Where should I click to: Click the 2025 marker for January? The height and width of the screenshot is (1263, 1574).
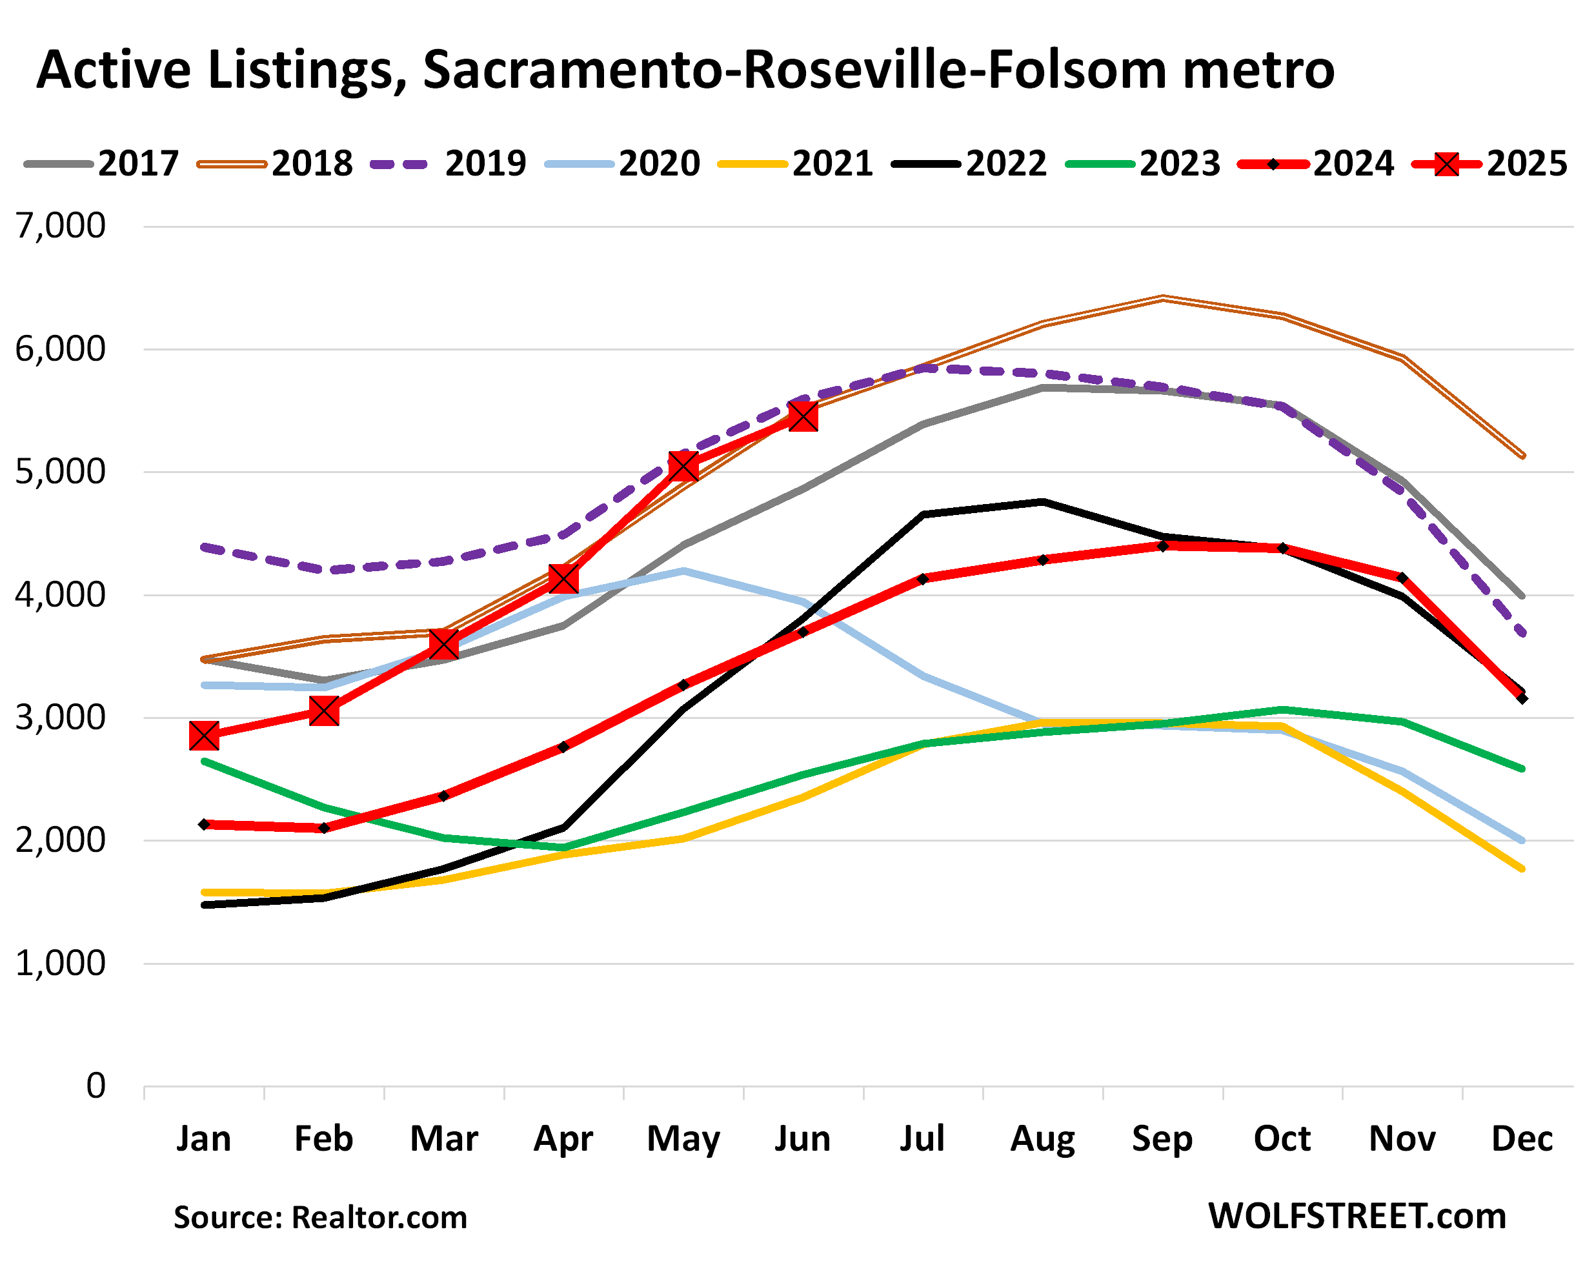(204, 735)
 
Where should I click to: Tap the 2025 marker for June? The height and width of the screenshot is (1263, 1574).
(803, 417)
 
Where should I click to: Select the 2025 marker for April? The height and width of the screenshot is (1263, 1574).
(563, 579)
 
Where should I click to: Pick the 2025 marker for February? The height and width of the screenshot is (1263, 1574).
(323, 711)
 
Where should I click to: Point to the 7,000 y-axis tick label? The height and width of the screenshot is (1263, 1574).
(61, 226)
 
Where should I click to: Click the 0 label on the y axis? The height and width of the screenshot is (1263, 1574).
(96, 1086)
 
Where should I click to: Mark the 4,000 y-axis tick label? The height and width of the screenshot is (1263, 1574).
(61, 594)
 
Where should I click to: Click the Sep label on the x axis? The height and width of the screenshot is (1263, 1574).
(1162, 1138)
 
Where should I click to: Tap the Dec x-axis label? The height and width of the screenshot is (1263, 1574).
(1522, 1138)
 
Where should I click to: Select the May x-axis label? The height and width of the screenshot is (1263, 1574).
(683, 1140)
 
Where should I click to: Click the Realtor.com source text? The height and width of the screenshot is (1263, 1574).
(379, 1217)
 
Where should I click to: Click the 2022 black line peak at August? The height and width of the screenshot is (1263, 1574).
(1042, 501)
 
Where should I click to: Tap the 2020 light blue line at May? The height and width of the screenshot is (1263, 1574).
(683, 570)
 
